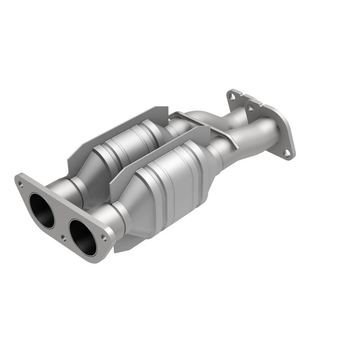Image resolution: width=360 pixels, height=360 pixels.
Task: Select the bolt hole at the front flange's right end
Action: tap(104, 235)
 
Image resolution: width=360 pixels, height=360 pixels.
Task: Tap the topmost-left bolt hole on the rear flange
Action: tap(230, 95)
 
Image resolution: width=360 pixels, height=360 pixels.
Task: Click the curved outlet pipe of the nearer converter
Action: tap(252, 139)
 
